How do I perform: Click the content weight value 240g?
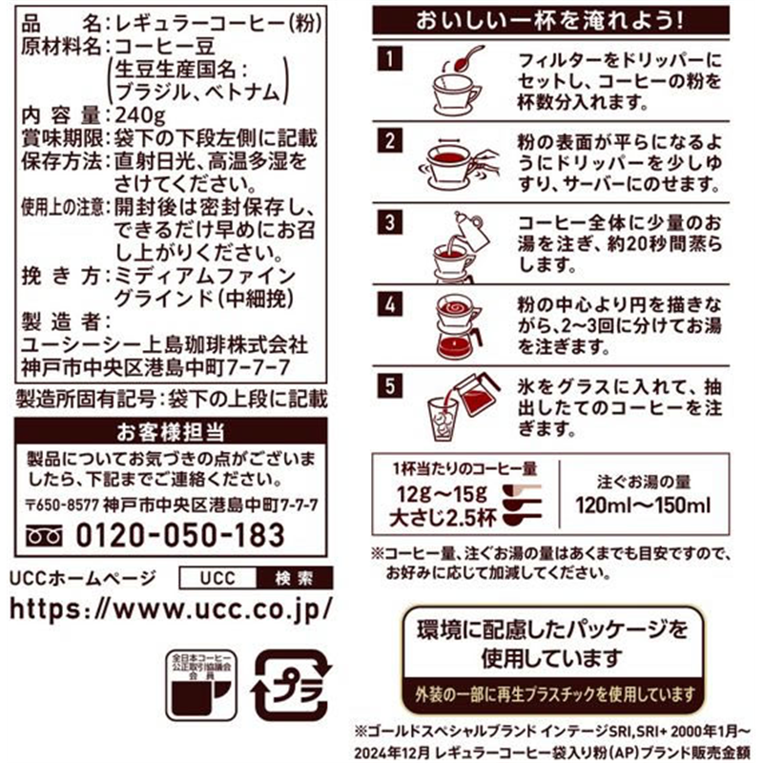click(138, 114)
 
